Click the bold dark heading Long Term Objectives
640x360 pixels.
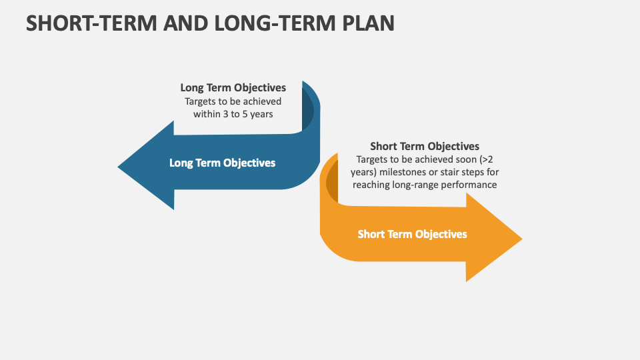233,87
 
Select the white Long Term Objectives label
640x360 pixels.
222,163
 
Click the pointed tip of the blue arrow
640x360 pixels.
121,166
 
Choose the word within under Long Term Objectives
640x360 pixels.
207,114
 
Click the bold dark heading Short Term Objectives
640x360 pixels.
425,146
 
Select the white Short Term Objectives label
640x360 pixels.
412,234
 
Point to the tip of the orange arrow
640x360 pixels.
519,238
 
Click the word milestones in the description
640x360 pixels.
407,172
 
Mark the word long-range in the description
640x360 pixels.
410,185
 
